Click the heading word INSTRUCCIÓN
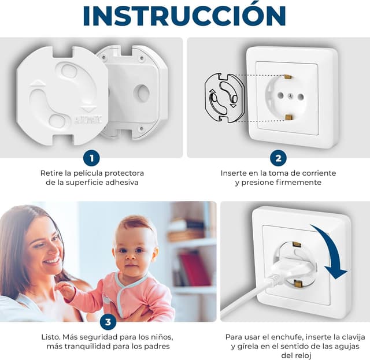coord(184,15)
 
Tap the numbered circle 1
coord(91,158)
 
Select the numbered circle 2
coord(279,158)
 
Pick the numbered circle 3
coord(108,322)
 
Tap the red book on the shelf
coord(195,269)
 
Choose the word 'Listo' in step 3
coord(50,337)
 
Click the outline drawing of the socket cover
coord(225,98)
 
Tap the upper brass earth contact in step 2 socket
coord(288,76)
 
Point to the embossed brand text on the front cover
coord(88,120)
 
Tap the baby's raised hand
coord(64,290)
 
